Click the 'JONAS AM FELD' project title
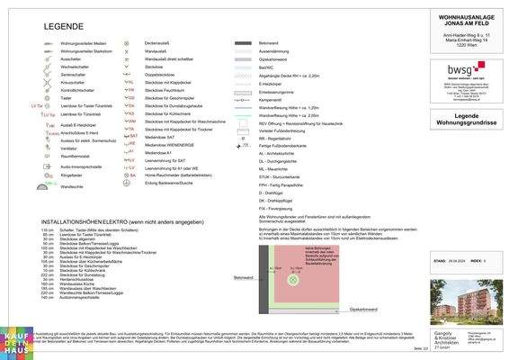click(465, 22)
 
